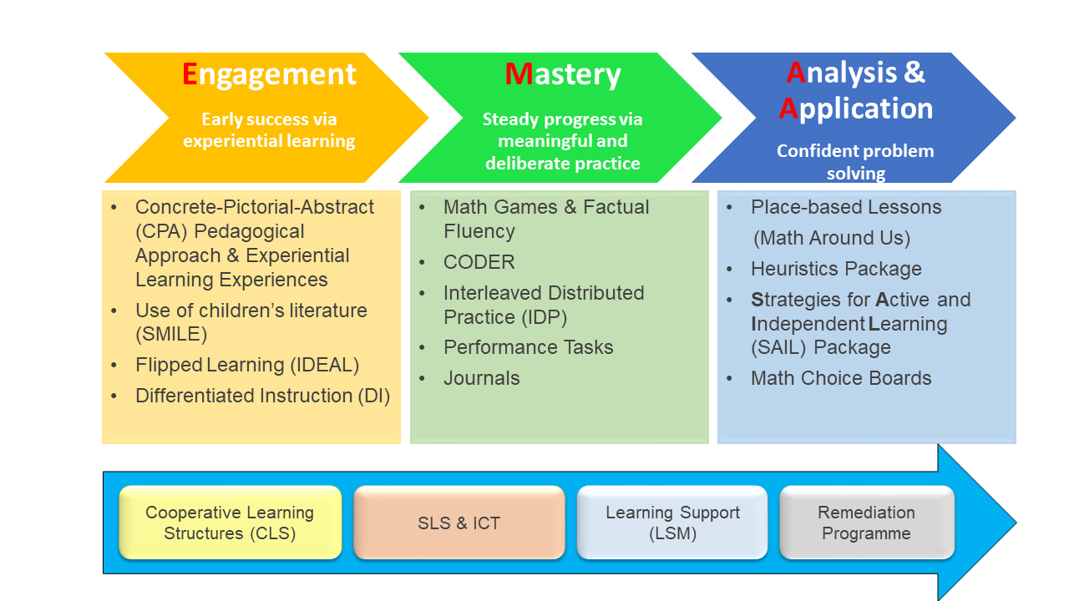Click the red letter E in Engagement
tap(190, 74)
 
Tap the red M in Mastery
tap(519, 74)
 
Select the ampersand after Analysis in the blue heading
tap(914, 73)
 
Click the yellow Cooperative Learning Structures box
tap(230, 523)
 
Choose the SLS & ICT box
tap(459, 523)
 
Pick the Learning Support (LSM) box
tap(672, 523)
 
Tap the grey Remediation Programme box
tap(867, 523)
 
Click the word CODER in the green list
tap(479, 262)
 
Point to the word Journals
tap(482, 378)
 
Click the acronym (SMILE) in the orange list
tap(171, 334)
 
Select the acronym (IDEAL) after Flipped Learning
tap(325, 366)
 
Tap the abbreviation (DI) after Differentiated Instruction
tap(374, 396)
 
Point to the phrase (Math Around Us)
tap(831, 238)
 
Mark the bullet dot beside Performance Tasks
tap(422, 348)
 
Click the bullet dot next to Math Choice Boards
tap(729, 379)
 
